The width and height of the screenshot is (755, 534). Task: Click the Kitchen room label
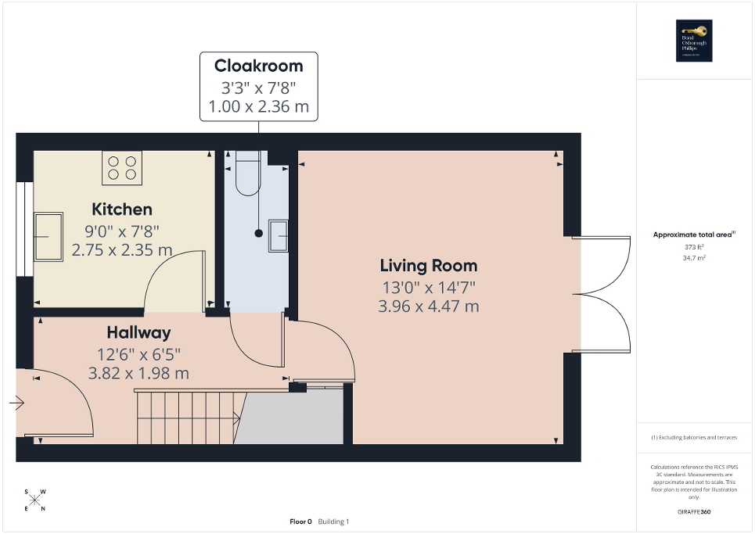tap(122, 210)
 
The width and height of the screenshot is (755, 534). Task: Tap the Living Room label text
tap(428, 266)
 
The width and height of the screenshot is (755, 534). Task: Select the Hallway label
tap(138, 333)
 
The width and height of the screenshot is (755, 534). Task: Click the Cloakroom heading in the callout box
tap(259, 66)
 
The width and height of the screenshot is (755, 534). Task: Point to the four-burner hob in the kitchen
tap(122, 167)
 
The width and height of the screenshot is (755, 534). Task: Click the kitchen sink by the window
tap(47, 235)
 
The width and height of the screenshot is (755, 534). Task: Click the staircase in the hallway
tap(185, 417)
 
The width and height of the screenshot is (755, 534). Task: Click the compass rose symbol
tap(35, 500)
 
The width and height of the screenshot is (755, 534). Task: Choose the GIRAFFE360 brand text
tap(695, 512)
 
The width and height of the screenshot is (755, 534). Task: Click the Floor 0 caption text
tap(300, 521)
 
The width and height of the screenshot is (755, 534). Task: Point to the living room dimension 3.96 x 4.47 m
tap(428, 306)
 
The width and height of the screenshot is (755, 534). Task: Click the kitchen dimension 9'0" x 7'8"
tap(122, 231)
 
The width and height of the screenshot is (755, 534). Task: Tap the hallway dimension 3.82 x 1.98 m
tap(138, 373)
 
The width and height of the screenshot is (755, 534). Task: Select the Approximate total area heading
tap(693, 235)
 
